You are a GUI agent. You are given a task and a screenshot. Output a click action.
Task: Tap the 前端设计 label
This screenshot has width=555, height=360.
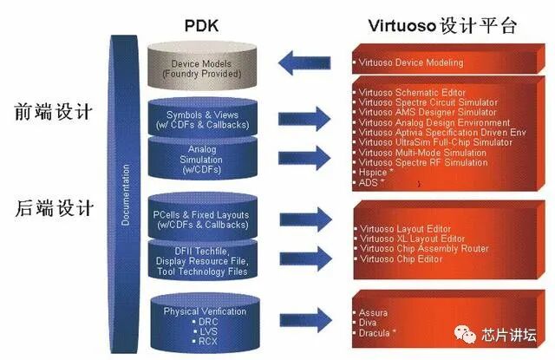(54, 114)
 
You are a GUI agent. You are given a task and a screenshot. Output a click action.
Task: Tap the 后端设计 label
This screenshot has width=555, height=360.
(54, 207)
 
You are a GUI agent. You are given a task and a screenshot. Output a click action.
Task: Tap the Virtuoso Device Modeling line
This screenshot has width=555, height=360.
(412, 62)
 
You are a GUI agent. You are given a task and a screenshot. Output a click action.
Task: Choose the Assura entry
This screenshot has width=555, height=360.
(374, 311)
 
